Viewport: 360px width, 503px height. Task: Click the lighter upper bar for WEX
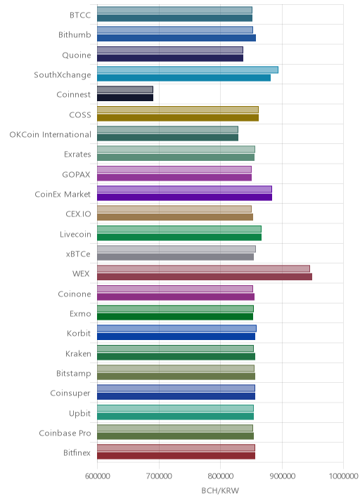coord(203,269)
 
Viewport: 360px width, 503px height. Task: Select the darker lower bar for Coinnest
coord(125,98)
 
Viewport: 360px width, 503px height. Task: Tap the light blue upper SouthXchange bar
coord(188,70)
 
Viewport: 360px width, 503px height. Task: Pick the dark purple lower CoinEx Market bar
coord(185,197)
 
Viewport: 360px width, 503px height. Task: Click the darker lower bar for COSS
coord(178,118)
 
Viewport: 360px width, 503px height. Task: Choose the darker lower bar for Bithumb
coord(176,38)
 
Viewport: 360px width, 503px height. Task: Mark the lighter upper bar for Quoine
coord(170,50)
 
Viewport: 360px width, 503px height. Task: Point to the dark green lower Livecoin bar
coord(179,237)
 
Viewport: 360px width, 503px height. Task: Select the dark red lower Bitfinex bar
coord(176,456)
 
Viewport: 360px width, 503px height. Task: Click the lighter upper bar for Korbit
coord(177,329)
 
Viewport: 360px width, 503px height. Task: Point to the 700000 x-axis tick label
coord(159,476)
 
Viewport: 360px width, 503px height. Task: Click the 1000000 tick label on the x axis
coord(343,476)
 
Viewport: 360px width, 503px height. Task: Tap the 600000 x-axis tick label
coord(97,476)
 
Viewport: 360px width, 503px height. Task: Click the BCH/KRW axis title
coord(220,490)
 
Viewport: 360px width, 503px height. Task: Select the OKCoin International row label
coord(51,134)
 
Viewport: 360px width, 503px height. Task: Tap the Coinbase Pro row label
coord(65,433)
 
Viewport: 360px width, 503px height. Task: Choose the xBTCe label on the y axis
coord(78,254)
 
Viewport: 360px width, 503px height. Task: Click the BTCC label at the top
coord(80,15)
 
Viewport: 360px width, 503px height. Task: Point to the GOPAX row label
coord(77,174)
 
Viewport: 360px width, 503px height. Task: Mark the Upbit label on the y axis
coord(79,414)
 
